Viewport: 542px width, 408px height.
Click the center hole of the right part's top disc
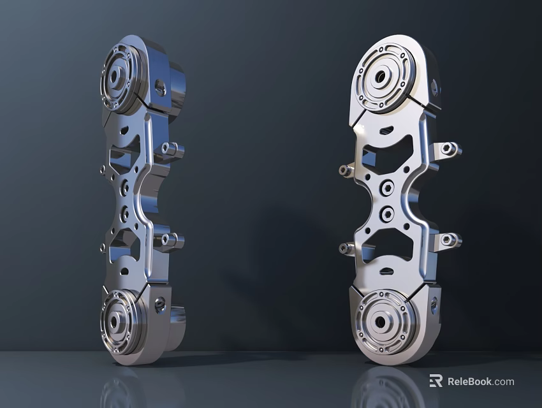click(x=381, y=76)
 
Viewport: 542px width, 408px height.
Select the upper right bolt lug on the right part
click(x=449, y=150)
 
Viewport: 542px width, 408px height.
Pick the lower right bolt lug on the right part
click(x=449, y=240)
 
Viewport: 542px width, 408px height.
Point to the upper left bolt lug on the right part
click(x=344, y=170)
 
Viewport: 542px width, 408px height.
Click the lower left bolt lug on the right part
click(x=344, y=248)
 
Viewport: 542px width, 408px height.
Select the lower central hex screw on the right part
click(x=387, y=214)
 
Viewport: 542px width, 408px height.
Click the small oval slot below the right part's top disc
click(x=386, y=130)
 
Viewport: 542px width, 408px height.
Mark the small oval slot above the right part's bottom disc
click(x=386, y=272)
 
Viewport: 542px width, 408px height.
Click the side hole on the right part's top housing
click(x=435, y=86)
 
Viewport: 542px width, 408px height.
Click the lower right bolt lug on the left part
click(x=170, y=240)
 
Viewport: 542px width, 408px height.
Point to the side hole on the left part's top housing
click(x=161, y=87)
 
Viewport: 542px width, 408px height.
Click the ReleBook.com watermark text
click(x=480, y=381)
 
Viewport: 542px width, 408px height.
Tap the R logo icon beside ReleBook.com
click(x=436, y=381)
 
